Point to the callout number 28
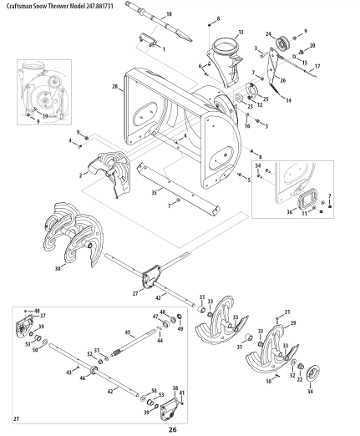point(114,86)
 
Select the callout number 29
point(293,322)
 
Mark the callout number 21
point(287,312)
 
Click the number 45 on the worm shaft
point(128,332)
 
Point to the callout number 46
point(82,378)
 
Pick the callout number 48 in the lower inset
point(37,312)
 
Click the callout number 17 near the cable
point(317,65)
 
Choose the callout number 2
point(81,175)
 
